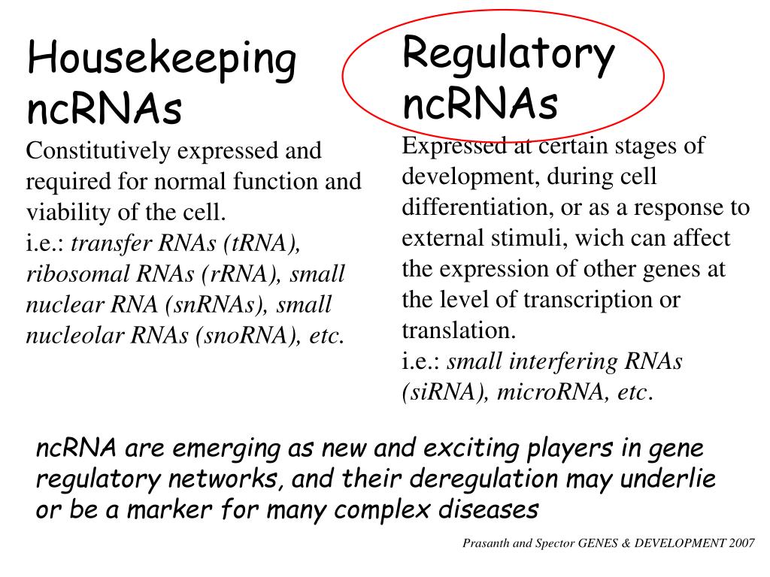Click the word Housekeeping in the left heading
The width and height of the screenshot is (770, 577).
(162, 61)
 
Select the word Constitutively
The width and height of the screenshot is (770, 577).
(99, 151)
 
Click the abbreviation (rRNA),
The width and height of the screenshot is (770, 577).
(241, 274)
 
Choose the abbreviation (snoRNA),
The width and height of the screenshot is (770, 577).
(248, 336)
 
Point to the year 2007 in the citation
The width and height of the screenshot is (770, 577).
(741, 543)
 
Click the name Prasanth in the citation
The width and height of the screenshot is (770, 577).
(486, 543)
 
